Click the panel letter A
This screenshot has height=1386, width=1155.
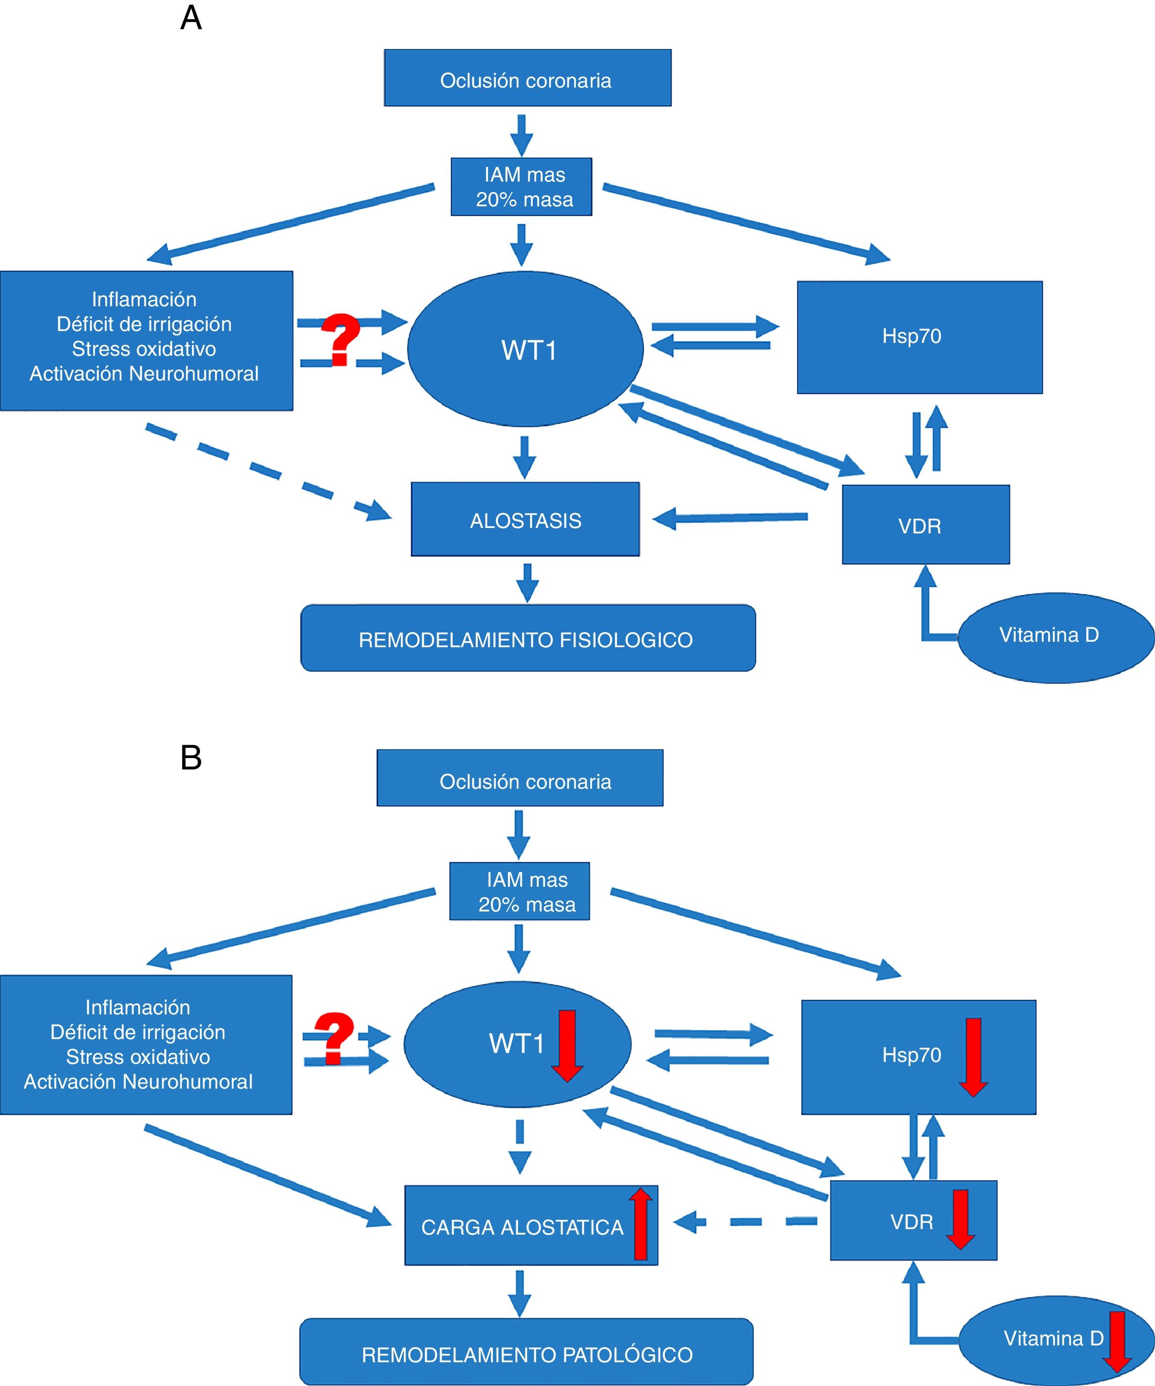(191, 18)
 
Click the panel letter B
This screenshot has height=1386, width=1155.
(191, 758)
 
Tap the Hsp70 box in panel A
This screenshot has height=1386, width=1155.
(919, 337)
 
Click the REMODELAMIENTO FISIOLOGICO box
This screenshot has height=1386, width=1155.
(528, 638)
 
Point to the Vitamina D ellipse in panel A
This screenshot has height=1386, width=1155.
(1055, 637)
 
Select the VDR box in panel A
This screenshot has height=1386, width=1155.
(925, 525)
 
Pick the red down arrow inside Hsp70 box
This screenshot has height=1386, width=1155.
(973, 1056)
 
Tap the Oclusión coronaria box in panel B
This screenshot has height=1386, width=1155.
(520, 777)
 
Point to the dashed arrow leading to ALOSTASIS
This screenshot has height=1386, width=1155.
(264, 471)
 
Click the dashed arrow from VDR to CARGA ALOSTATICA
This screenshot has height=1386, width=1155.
(746, 1222)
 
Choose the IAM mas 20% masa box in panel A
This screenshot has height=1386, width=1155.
(521, 187)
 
